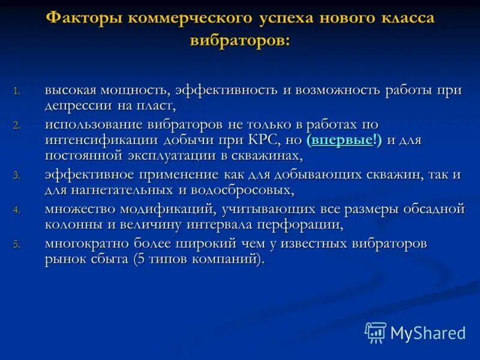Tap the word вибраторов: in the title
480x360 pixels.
(239, 41)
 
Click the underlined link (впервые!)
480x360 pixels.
(344, 140)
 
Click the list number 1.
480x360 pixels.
(17, 91)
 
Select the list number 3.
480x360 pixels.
(17, 176)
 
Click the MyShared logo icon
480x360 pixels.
(376, 332)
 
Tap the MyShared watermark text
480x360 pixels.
(428, 332)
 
